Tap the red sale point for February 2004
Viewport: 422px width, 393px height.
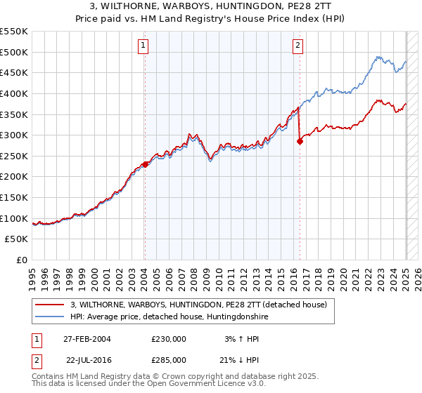tap(145, 164)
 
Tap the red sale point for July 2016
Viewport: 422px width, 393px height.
tap(300, 141)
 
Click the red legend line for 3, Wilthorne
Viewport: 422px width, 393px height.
tap(49, 305)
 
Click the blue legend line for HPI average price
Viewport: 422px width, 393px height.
tap(49, 317)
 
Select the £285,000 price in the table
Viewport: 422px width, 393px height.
tap(169, 359)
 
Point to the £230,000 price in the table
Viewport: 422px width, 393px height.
tap(169, 339)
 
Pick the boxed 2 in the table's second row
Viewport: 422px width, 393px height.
tap(36, 359)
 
